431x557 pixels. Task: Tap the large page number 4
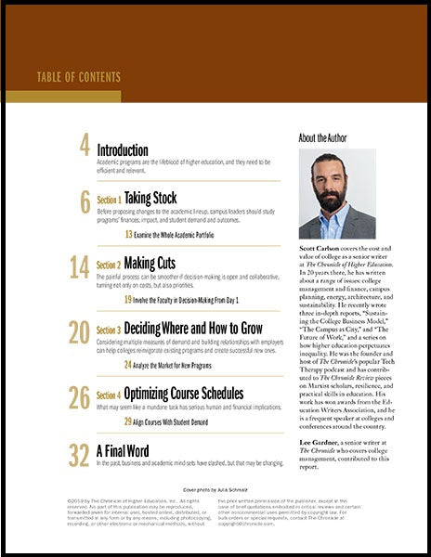(x=85, y=147)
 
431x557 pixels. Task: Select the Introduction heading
(x=122, y=149)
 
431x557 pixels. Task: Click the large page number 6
(x=85, y=201)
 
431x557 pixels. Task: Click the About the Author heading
(x=324, y=137)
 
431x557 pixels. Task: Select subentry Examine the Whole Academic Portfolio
(x=184, y=234)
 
